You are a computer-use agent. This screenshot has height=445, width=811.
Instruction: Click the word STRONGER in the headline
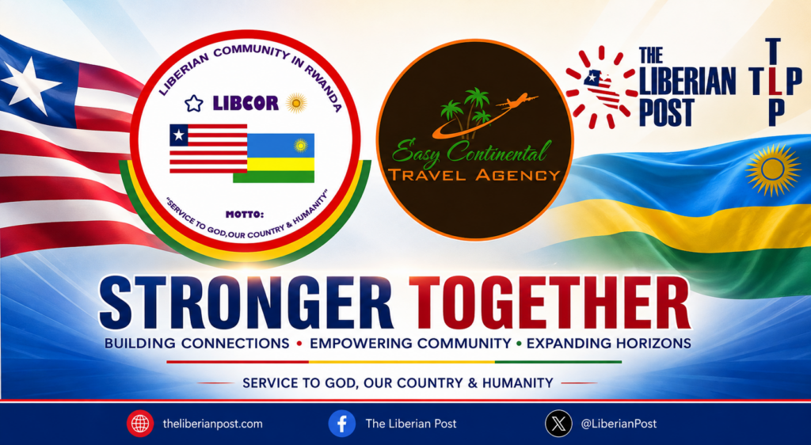246,302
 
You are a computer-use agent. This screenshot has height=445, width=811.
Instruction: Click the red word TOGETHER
550,302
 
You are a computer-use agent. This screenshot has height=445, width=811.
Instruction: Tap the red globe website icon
139,424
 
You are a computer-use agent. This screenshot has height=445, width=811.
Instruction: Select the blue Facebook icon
342,424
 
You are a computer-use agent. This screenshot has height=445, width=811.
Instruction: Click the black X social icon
558,424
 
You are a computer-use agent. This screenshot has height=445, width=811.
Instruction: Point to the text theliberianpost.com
212,424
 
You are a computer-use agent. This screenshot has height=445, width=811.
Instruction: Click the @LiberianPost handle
619,424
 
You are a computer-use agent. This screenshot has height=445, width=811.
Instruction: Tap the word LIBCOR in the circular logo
246,103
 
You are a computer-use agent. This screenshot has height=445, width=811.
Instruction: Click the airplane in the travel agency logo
516,101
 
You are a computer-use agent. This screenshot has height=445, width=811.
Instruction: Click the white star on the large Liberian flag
25,85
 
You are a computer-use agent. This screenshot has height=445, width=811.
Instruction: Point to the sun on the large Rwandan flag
773,170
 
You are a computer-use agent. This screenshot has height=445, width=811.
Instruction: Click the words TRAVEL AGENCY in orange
474,175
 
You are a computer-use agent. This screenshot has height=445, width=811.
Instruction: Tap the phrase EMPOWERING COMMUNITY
410,343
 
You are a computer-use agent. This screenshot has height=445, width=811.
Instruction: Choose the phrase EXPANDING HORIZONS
609,343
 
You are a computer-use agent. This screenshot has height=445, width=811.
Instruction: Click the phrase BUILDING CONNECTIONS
196,343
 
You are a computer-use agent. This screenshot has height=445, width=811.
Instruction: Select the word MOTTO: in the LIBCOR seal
245,214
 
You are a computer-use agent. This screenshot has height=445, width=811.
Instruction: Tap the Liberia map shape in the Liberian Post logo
602,88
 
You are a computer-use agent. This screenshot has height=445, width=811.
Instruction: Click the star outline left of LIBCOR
194,104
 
